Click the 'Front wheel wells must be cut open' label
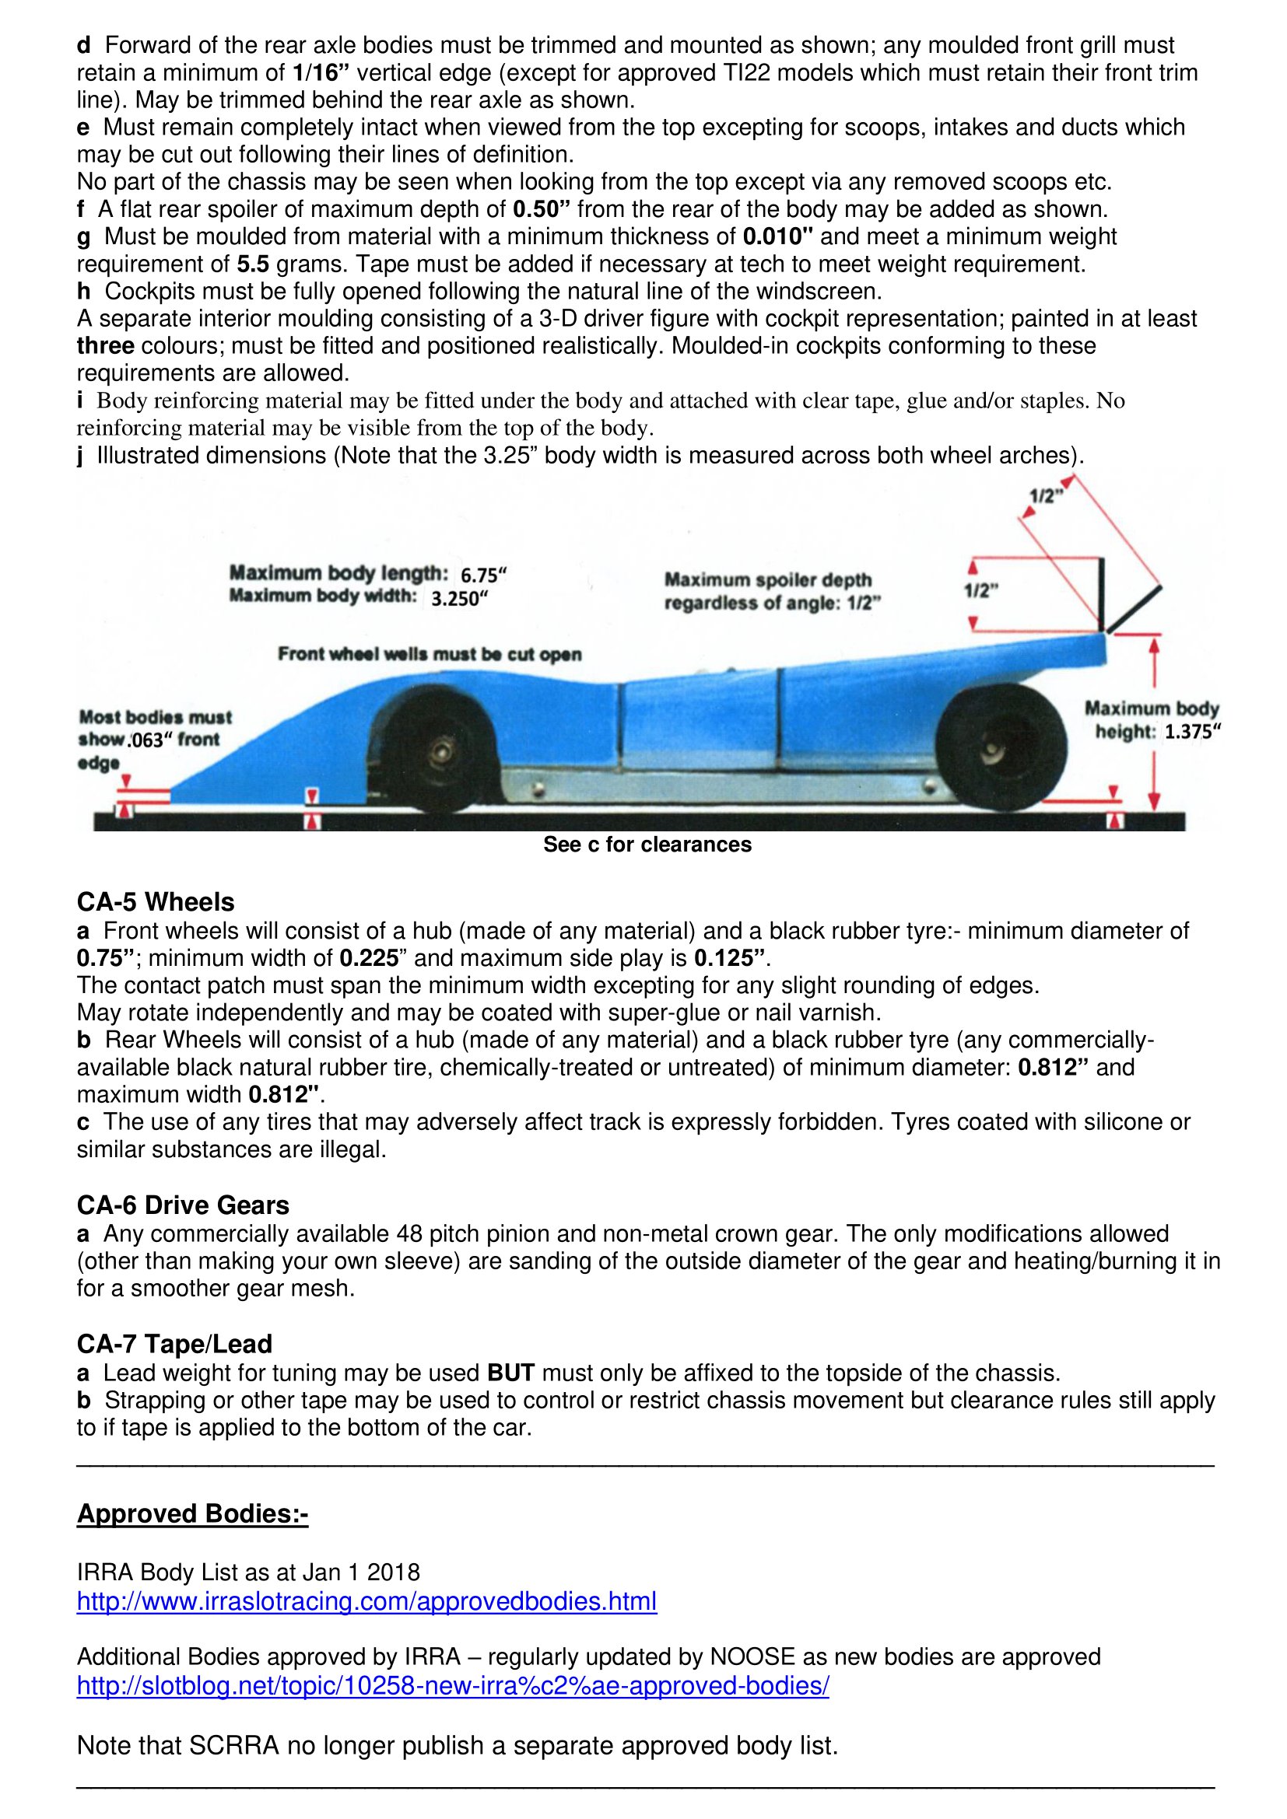pos(430,654)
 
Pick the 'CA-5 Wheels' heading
pos(156,902)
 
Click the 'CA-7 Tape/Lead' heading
pos(174,1344)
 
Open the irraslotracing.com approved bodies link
pos(367,1601)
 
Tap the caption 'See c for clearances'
pos(647,845)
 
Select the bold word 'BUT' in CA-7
pos(510,1373)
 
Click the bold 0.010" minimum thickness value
pos(778,236)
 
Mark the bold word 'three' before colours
pos(105,346)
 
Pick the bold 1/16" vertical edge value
pos(321,73)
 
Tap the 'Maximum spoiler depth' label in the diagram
pos(767,580)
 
